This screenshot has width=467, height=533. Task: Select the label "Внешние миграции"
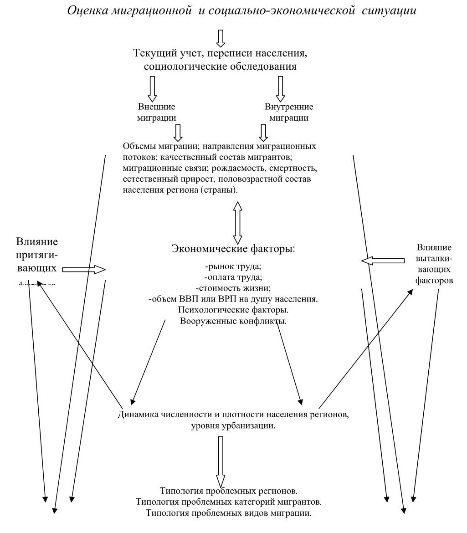(157, 112)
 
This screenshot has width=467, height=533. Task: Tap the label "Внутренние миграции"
(289, 112)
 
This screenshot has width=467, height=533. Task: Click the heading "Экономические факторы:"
(233, 249)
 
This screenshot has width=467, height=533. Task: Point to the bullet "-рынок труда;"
(233, 266)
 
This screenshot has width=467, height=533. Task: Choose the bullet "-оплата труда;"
(233, 277)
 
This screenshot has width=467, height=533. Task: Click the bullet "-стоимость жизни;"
(233, 288)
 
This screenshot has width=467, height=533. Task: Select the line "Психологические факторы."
(233, 310)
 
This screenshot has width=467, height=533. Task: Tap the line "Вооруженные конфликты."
(233, 321)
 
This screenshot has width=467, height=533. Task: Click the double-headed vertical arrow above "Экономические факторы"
(237, 223)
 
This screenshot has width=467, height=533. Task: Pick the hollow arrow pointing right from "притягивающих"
(83, 270)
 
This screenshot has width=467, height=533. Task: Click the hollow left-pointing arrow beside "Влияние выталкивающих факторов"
(383, 261)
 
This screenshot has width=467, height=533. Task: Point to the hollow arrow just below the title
(221, 39)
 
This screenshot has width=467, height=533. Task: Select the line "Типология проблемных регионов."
(229, 491)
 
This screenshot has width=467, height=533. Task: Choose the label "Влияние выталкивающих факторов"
(434, 264)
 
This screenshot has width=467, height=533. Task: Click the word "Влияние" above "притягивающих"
(37, 241)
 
